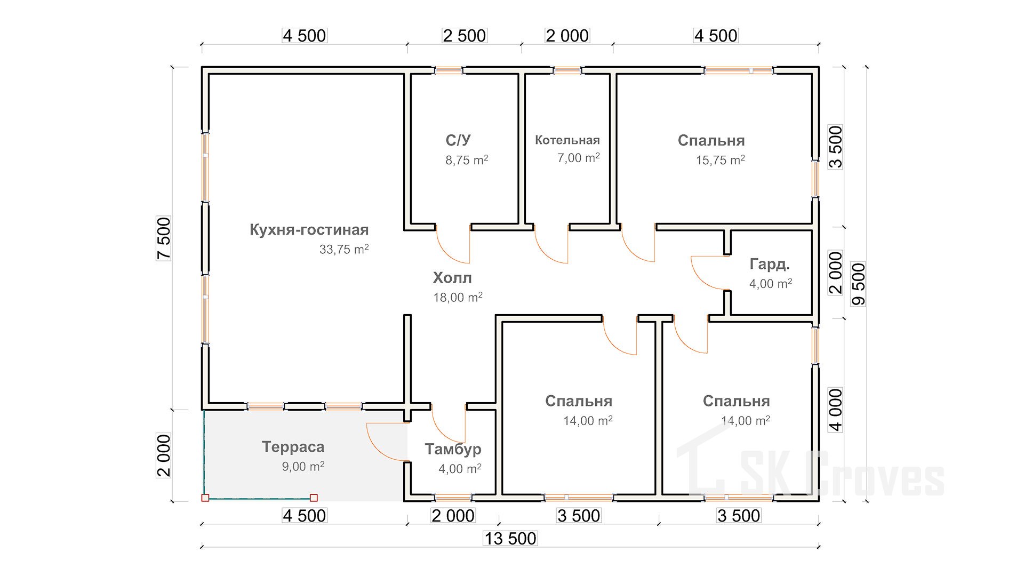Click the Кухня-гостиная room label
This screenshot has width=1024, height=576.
click(309, 230)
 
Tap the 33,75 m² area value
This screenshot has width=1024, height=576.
click(343, 249)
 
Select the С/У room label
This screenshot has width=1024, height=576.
click(458, 140)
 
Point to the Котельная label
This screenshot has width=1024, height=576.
click(567, 140)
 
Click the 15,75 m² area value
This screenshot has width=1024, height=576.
click(720, 160)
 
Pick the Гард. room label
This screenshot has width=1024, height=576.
click(769, 264)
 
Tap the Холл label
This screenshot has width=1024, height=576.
click(452, 278)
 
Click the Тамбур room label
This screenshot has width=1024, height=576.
click(453, 449)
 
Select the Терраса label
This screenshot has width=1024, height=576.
click(293, 447)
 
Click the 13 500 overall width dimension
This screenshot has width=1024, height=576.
click(510, 538)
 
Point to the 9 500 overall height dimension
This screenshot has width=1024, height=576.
click(859, 284)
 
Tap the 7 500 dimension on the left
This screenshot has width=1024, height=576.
click(164, 238)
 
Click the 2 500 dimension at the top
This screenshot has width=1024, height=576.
click(464, 36)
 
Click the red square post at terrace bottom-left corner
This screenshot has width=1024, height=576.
click(205, 498)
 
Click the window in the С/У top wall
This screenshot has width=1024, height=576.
click(448, 70)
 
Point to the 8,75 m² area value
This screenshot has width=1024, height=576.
click(467, 160)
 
